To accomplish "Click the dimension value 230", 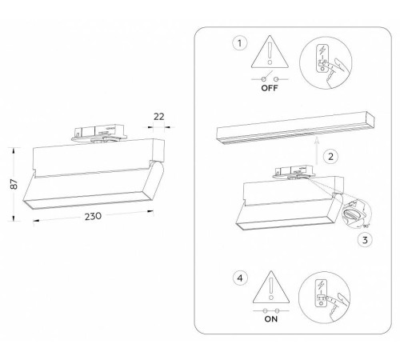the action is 93,216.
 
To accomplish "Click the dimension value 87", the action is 14,184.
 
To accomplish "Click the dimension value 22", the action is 159,117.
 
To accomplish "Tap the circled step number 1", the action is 240,43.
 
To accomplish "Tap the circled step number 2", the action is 330,156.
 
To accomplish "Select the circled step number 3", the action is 365,240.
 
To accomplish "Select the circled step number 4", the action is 240,278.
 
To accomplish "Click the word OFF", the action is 270,88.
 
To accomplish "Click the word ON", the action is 271,319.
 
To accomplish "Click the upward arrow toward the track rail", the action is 317,150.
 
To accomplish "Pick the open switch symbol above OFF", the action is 270,78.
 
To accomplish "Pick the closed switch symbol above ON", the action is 271,310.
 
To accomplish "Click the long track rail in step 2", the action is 295,128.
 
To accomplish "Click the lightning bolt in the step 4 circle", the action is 321,285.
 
